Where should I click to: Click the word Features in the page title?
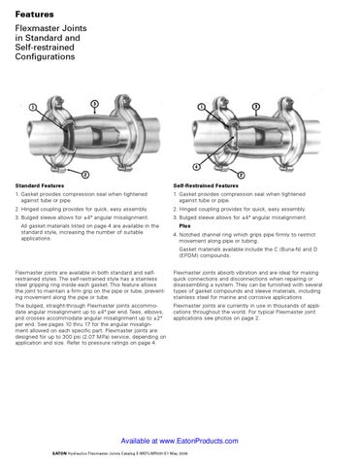pyautogui.click(x=34, y=14)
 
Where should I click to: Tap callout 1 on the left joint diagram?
pyautogui.click(x=35, y=107)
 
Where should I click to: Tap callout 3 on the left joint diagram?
pyautogui.click(x=93, y=103)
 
